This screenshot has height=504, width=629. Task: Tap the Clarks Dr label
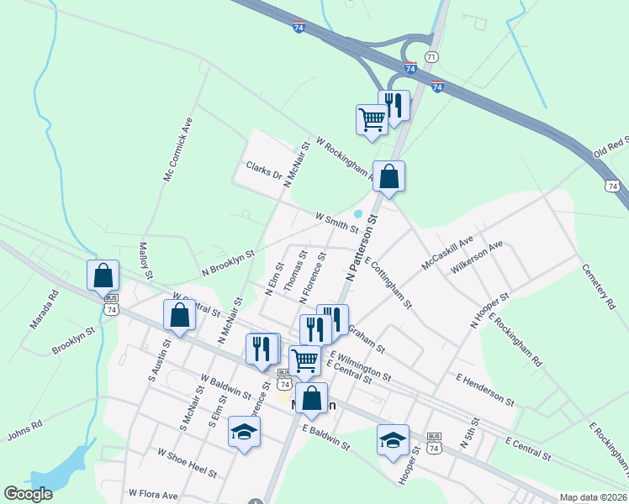coord(263,170)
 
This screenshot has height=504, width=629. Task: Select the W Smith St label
coord(337,223)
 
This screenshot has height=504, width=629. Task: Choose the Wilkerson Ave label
coord(477,256)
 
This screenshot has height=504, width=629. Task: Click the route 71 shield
coord(431,56)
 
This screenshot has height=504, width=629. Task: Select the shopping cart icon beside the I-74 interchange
coord(371,118)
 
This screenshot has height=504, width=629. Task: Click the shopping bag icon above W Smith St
coord(388,176)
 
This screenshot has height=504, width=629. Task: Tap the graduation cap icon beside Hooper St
coord(393,439)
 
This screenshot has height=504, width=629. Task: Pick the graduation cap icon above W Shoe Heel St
coord(245,432)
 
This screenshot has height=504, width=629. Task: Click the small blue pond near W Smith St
coord(357,214)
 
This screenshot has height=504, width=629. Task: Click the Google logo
coord(28,494)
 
